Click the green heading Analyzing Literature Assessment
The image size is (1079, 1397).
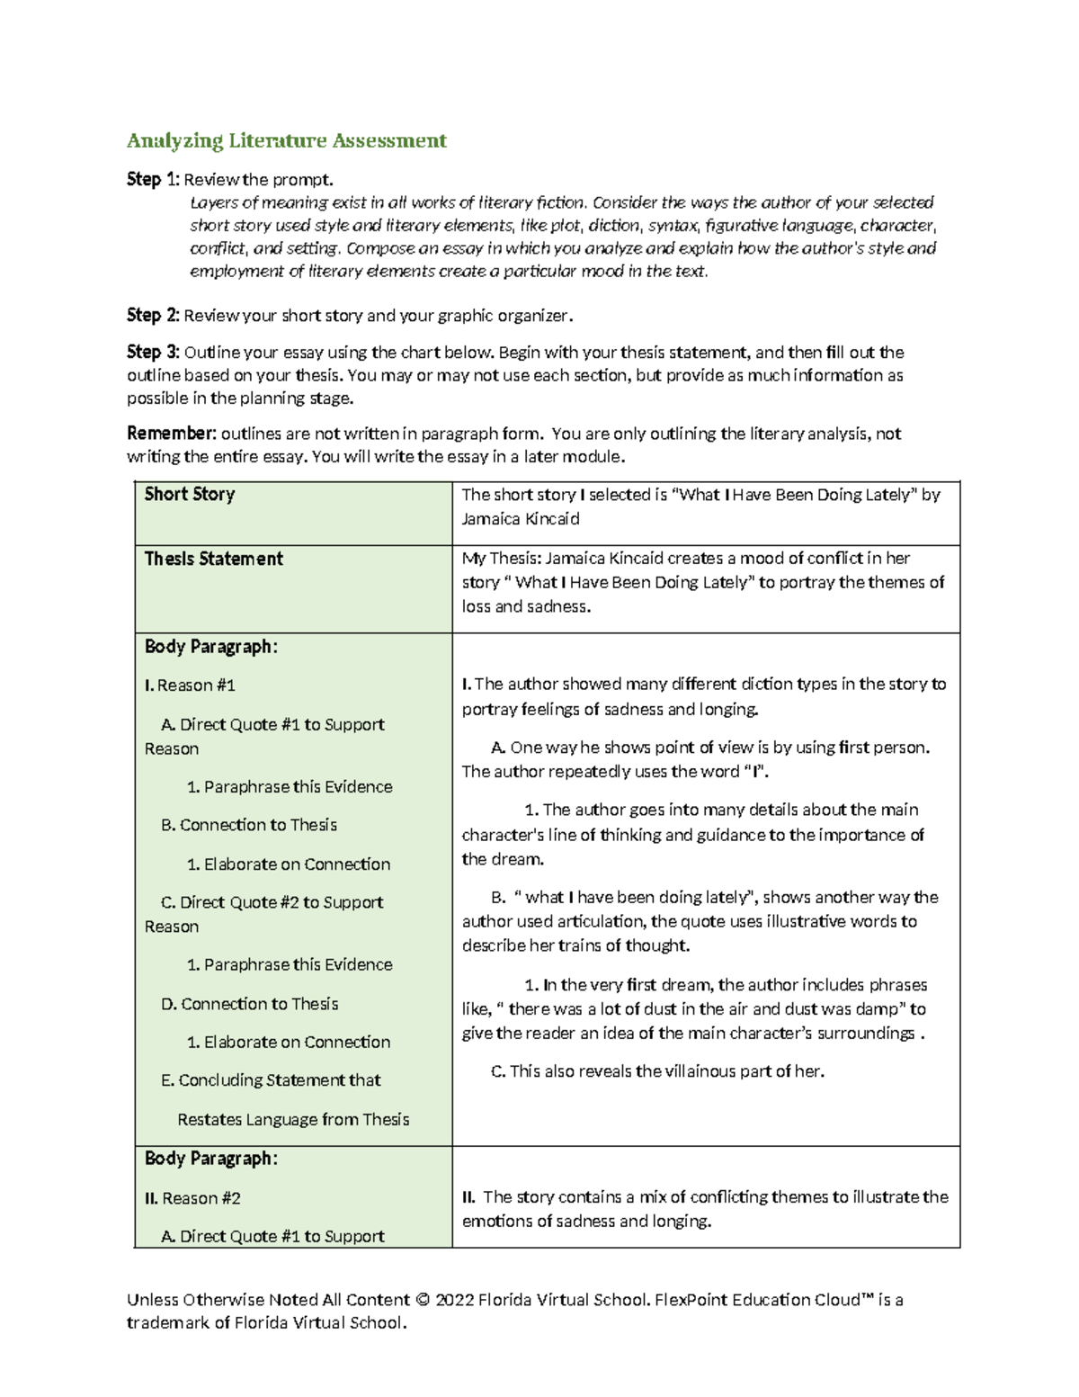[x=286, y=140]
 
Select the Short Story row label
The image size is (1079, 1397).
[x=190, y=494]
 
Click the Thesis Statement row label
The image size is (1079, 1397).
[x=214, y=559]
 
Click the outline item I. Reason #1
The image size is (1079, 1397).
[x=190, y=685]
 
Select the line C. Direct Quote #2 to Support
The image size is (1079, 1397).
[x=272, y=902]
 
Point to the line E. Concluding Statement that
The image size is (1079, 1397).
[x=270, y=1080]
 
